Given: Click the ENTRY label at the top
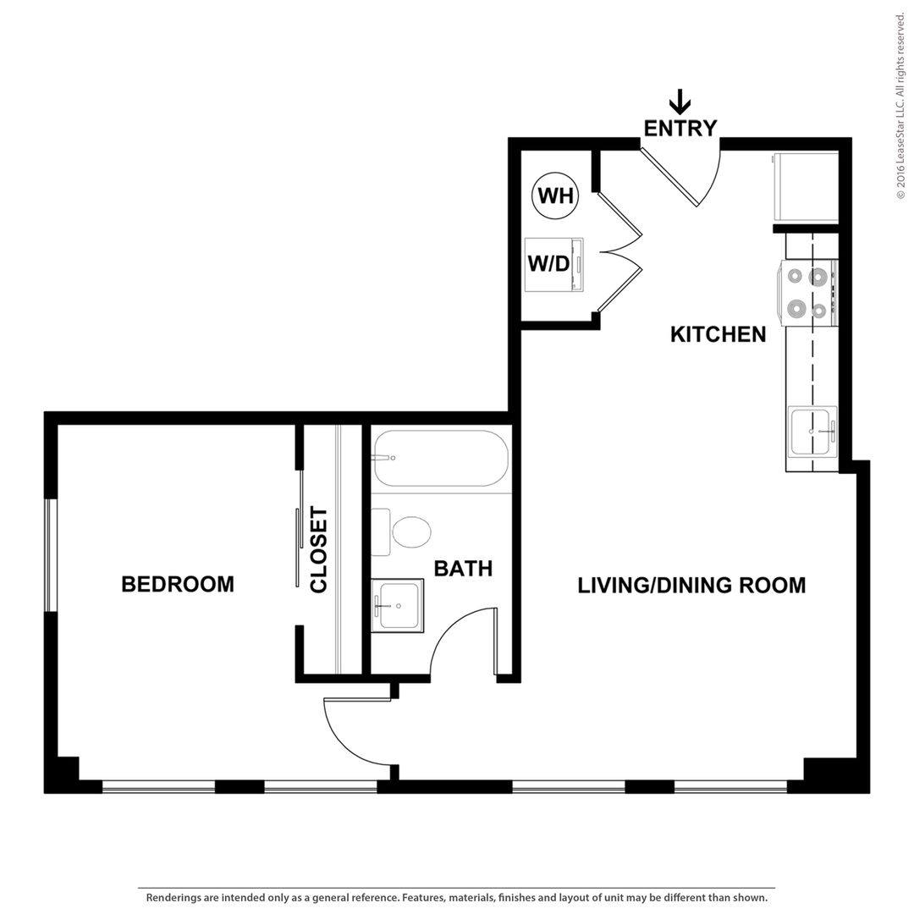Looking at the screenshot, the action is point(680,128).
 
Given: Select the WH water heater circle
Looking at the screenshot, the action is point(555,195).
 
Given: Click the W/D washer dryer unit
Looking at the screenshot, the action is point(553,265).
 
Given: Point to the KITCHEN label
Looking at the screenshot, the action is point(719,334).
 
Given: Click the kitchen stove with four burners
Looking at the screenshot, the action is point(809,293).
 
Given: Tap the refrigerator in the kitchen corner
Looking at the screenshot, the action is point(806,188).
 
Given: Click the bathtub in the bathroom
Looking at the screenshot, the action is point(441,458).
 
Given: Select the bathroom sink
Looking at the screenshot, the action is point(398,605).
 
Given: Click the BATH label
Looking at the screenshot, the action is point(464,569).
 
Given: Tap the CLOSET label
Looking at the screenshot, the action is point(319,550).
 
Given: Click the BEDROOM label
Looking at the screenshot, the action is point(178,584).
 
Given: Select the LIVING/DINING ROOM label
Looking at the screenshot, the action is point(692,586).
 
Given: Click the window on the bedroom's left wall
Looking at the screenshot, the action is point(52,555).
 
